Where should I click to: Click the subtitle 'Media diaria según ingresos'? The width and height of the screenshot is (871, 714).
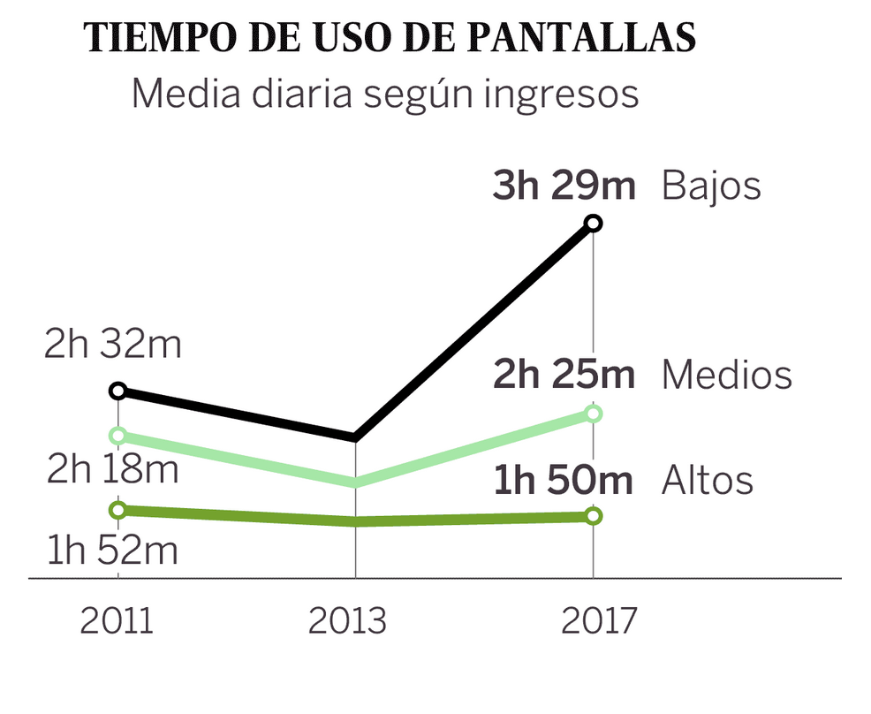tap(384, 94)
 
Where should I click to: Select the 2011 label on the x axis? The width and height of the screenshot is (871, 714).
tap(117, 621)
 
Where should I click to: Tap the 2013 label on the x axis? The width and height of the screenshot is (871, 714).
tap(347, 621)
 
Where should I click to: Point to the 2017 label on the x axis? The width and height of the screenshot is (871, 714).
tap(598, 621)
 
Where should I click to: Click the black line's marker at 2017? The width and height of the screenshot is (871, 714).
tap(593, 224)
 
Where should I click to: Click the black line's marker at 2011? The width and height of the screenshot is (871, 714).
tap(118, 391)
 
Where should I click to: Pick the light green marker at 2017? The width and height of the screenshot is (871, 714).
tap(593, 414)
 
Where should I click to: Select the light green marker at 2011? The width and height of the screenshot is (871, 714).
tap(118, 436)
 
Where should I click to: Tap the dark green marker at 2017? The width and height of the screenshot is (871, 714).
tap(593, 515)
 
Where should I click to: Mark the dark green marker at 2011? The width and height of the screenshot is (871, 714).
tap(118, 509)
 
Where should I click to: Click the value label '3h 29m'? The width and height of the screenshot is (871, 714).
tap(564, 186)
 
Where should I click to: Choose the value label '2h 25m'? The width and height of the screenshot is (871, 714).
tap(564, 375)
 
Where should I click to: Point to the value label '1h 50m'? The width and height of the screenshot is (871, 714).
tap(564, 482)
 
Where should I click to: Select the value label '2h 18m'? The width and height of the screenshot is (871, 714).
tap(112, 469)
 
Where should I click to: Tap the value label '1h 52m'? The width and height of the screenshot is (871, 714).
tap(112, 551)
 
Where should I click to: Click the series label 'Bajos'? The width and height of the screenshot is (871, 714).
tap(711, 186)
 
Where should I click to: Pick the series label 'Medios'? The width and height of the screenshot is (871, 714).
tap(726, 375)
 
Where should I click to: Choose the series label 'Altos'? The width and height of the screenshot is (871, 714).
tap(708, 482)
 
